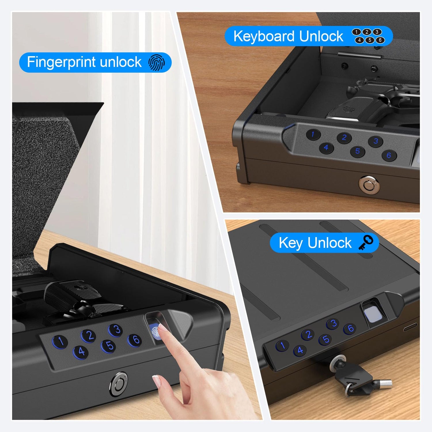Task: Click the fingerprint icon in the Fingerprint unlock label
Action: point(157,62)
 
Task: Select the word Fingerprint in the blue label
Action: point(61,62)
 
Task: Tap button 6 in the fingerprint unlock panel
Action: point(135,340)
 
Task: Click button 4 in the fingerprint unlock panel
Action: point(81,352)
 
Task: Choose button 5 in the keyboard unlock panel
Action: point(357,151)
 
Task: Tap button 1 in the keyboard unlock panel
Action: point(313,134)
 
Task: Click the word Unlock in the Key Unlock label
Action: point(329,243)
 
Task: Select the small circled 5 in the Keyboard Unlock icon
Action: point(370,40)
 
